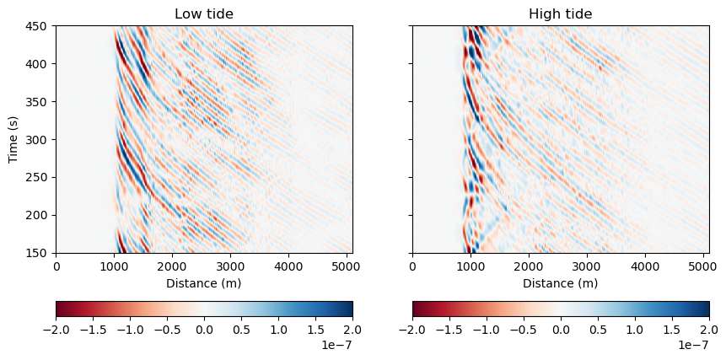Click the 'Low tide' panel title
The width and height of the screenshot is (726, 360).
coord(203,13)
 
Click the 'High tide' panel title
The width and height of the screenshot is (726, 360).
coord(560,13)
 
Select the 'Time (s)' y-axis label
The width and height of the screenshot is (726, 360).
coord(13,139)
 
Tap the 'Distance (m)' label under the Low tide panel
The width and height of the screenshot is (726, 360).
coord(203,283)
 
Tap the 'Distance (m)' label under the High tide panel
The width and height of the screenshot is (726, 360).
coord(560,283)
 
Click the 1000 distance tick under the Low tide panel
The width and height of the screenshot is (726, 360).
coord(114,266)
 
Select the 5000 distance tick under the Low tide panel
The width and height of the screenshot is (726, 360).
coord(347,266)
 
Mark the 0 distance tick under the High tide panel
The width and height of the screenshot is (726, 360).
coord(412,266)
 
